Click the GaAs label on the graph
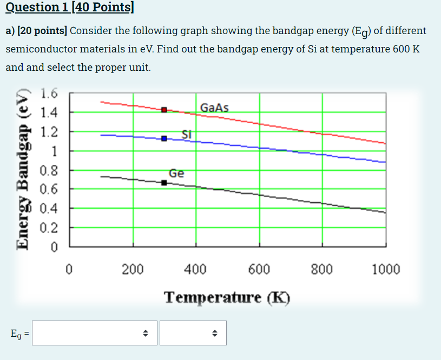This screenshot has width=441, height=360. coord(214,108)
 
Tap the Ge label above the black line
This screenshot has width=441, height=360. coord(176,174)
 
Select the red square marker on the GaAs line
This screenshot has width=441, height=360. coord(164,110)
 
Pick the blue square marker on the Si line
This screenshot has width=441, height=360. coord(164,138)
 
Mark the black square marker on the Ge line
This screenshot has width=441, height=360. coord(164,183)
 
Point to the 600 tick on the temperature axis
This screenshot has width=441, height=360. coord(259,269)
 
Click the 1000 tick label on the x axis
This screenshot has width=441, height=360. coord(386,269)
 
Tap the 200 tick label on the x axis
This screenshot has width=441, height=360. coord(132,269)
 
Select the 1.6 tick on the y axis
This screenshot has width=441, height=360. coord(49,94)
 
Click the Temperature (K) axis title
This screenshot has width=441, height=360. coord(227,298)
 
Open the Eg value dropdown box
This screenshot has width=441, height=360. coord(95,333)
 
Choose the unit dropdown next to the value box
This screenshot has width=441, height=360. coord(193,333)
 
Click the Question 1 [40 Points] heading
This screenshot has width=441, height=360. coord(70,8)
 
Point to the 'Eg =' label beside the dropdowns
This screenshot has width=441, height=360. coord(19,334)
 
